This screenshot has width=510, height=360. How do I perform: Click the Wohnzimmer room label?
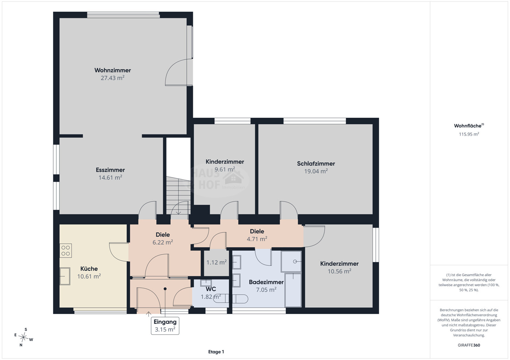click(x=113, y=70)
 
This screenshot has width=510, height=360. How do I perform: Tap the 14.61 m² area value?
click(x=110, y=177)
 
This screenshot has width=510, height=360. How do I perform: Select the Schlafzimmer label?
click(x=316, y=163)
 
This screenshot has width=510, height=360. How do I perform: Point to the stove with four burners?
click(x=66, y=251)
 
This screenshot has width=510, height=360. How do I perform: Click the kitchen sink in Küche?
click(x=65, y=276)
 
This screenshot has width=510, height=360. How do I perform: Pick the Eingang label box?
click(x=165, y=326)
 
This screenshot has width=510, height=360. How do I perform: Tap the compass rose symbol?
click(x=23, y=337)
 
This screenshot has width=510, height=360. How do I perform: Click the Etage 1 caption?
click(x=216, y=352)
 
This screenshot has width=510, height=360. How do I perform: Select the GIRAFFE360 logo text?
click(x=469, y=345)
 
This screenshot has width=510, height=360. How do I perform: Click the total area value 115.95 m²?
click(x=469, y=134)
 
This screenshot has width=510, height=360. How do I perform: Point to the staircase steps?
click(x=178, y=195)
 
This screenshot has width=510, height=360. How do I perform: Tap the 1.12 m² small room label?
click(x=216, y=262)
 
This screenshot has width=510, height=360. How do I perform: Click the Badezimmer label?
click(x=266, y=282)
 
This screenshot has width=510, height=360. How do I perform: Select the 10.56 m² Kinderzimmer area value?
click(x=339, y=271)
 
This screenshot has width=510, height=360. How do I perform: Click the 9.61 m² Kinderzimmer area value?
click(x=225, y=169)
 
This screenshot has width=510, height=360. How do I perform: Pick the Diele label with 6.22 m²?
click(x=163, y=235)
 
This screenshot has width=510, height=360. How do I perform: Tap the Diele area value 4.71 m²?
click(x=257, y=239)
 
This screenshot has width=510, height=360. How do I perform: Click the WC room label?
click(x=211, y=289)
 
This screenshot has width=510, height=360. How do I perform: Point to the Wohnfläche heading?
click(x=469, y=126)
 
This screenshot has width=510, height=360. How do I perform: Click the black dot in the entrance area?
click(x=165, y=289)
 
